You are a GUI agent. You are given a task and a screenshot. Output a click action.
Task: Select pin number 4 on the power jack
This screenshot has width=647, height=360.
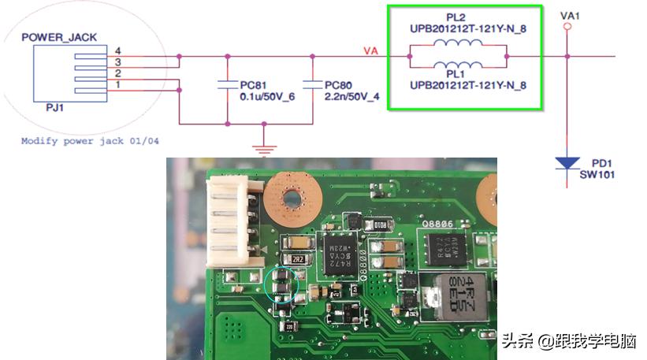click(x=117, y=51)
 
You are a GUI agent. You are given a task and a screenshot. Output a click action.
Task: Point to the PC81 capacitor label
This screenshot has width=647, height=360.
click(x=251, y=84)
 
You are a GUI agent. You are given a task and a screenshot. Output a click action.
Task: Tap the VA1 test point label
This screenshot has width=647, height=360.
click(x=570, y=15)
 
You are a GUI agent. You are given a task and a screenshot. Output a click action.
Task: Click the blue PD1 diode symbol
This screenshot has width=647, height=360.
click(x=567, y=164)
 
